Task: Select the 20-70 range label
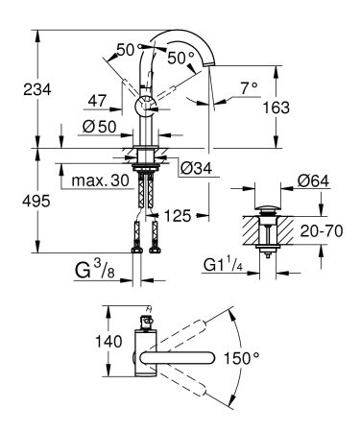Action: (322, 231)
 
